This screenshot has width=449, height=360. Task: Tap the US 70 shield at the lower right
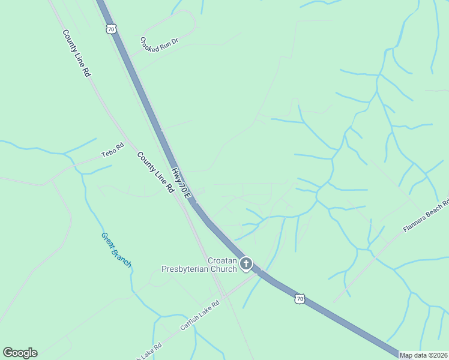pos(300,298)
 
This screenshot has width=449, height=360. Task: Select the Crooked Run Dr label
pos(159,44)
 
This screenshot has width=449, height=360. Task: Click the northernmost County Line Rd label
pos(77,53)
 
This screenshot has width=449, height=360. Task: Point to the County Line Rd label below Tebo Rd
pos(155,172)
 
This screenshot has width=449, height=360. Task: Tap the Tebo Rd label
pos(112,149)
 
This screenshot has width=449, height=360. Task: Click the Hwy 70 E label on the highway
pos(181,184)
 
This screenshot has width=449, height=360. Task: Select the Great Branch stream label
pos(116,250)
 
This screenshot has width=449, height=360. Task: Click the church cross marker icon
pos(246,263)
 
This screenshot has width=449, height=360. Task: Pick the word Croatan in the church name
pos(223,260)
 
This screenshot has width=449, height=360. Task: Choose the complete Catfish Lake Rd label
pos(200,316)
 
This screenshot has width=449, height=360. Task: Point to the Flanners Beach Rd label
pos(426,217)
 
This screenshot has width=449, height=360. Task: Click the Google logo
pos(20,353)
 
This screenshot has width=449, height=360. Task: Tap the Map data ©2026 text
pos(423,355)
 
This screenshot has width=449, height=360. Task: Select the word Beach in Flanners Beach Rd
pos(430,214)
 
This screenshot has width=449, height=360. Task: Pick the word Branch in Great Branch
pos(122,257)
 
